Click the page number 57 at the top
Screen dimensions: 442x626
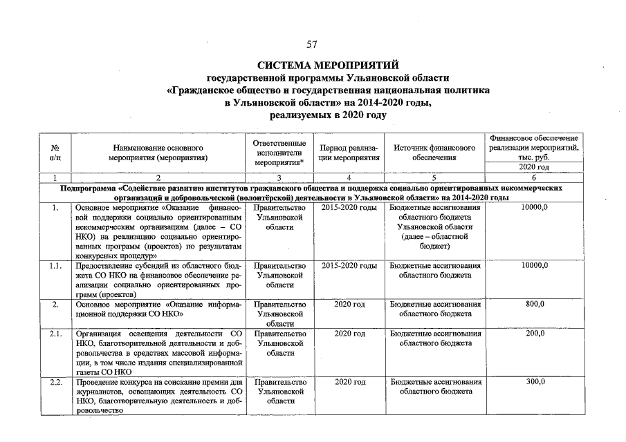click(312, 45)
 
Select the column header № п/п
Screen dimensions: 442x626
click(55, 153)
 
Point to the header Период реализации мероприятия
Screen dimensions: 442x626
click(349, 153)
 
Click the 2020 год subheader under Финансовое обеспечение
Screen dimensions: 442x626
click(534, 167)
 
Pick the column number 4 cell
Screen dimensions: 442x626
click(349, 177)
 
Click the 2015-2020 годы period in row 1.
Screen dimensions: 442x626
click(349, 207)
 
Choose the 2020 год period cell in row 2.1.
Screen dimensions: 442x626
click(349, 334)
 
